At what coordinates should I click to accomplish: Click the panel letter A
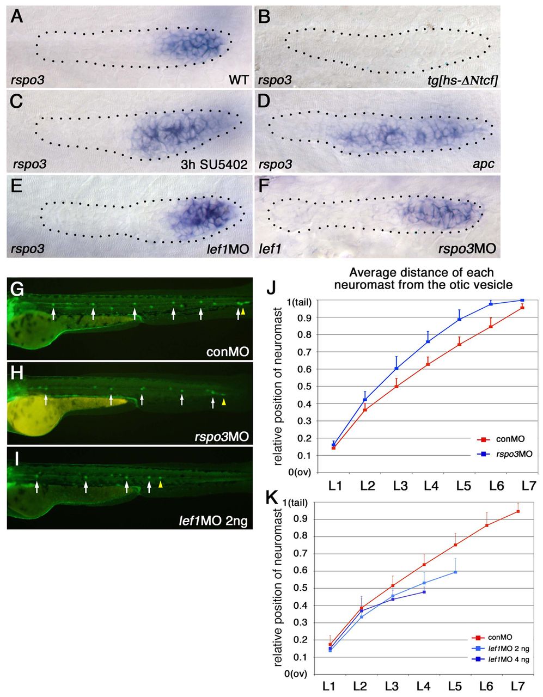[17, 16]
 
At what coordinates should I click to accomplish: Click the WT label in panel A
[239, 80]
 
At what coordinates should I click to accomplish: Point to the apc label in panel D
[483, 165]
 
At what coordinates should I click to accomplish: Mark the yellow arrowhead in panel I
[161, 486]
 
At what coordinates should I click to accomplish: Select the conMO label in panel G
[228, 352]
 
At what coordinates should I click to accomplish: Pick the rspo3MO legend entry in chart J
[504, 454]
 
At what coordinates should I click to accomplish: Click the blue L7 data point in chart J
[522, 300]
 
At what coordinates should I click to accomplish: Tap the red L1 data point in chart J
[333, 448]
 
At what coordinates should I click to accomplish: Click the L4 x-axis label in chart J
[431, 486]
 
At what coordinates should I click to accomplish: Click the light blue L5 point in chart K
[455, 572]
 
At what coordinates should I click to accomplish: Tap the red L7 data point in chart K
[518, 511]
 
